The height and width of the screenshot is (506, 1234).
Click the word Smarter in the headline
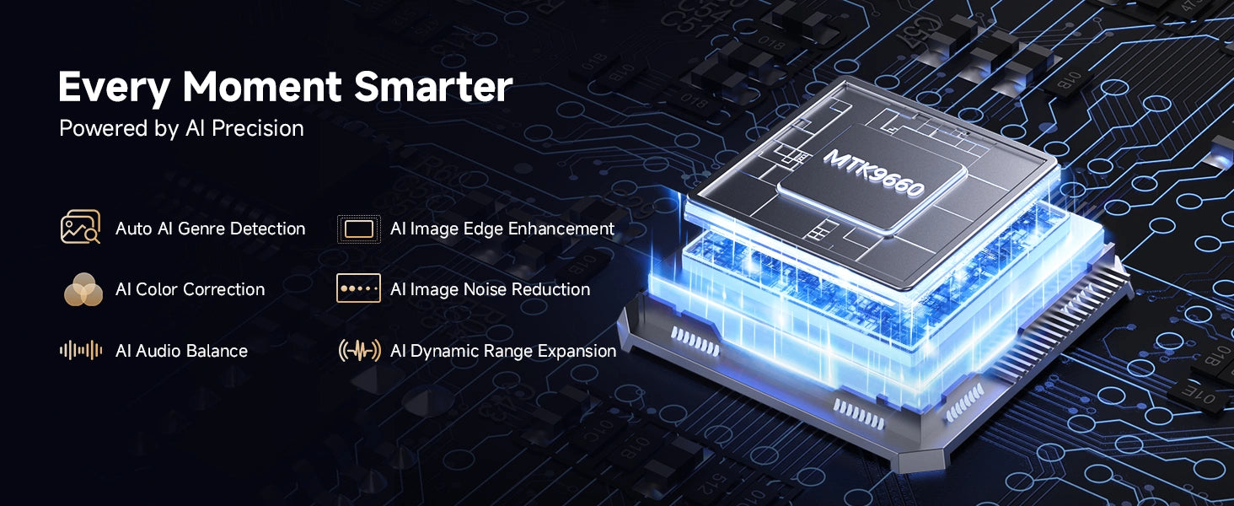pos(433,87)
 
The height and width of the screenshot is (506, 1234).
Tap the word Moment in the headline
pos(262,87)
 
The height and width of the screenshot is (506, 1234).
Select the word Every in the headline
pos(114,89)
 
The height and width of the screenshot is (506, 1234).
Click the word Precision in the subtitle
pos(258,128)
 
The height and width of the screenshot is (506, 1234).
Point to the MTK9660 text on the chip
pos(874,173)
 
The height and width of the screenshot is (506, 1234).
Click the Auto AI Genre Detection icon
pos(80,227)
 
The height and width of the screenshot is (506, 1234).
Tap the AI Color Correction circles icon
pos(83,289)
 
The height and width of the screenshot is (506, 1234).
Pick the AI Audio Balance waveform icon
pos(81,350)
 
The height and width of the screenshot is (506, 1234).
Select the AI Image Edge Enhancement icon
pos(358,229)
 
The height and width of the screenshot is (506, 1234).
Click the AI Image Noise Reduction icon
pos(358,288)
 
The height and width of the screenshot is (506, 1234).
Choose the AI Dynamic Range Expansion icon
pos(359,350)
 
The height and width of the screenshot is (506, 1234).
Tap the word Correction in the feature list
pos(223,289)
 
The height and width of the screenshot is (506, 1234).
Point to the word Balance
pos(217,351)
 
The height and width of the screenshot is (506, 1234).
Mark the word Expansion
pos(577,351)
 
